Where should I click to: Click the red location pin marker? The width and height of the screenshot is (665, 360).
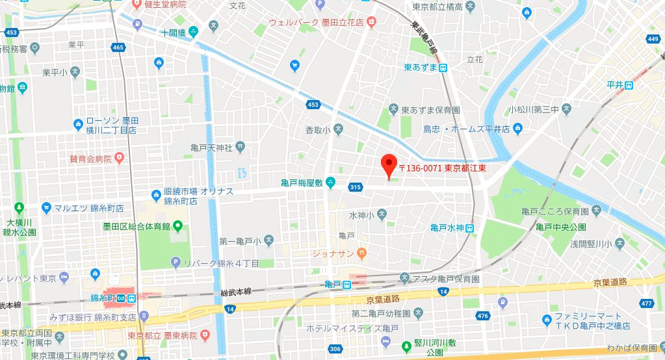tap(389, 165)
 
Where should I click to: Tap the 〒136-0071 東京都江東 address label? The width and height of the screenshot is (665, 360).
tap(443, 168)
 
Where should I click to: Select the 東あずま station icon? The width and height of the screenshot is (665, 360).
tap(442, 67)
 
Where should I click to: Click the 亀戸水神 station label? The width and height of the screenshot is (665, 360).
tap(447, 227)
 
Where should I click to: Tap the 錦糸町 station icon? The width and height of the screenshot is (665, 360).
tap(131, 298)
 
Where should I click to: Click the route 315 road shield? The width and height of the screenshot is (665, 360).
tap(354, 186)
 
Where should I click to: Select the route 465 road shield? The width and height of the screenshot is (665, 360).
tap(118, 47)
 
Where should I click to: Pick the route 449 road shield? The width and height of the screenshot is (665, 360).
tap(653, 40)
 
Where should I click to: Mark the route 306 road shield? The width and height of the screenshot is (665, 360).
tap(334, 349)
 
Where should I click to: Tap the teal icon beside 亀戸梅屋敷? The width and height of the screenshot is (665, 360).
tap(331, 182)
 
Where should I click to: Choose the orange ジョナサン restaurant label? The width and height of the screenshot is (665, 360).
tap(333, 252)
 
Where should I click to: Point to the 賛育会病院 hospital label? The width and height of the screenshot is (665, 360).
tap(90, 159)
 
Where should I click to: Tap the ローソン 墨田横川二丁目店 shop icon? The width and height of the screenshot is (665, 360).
tap(78, 122)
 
